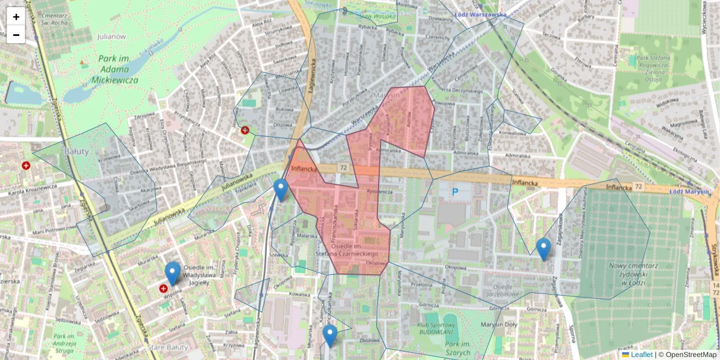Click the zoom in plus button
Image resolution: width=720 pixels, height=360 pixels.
click(x=16, y=17)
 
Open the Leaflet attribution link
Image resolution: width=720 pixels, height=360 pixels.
click(x=641, y=355)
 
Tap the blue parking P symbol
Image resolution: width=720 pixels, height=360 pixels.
click(x=454, y=192)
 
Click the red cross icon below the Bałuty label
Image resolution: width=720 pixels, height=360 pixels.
click(x=26, y=166)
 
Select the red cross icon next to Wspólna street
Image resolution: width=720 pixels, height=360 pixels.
click(x=163, y=289)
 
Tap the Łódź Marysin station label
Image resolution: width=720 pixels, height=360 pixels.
click(x=689, y=191)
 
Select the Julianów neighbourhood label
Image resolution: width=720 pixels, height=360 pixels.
click(x=111, y=37)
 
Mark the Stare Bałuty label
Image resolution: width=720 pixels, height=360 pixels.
click(x=168, y=347)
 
